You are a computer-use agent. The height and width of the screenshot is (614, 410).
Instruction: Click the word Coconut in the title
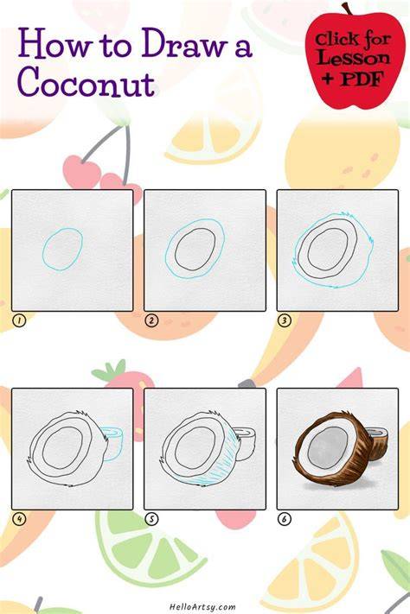[x=86, y=82]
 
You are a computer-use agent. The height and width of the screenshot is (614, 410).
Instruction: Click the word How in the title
[x=54, y=45]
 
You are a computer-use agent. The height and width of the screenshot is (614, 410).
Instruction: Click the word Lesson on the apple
[x=354, y=58]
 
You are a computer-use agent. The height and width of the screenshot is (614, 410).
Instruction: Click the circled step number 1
[x=19, y=320]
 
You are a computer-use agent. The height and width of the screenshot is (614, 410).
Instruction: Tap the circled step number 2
[x=151, y=320]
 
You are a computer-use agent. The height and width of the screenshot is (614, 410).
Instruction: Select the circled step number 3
[x=284, y=320]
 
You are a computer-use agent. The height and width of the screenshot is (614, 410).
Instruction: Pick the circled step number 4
[x=19, y=519]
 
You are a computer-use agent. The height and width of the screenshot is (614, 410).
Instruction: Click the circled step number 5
[x=151, y=519]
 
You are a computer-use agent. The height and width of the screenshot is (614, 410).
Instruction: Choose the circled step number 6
[x=284, y=519]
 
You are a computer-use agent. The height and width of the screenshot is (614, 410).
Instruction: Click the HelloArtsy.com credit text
[x=203, y=606]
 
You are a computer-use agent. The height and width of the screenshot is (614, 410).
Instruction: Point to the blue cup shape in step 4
[x=116, y=442]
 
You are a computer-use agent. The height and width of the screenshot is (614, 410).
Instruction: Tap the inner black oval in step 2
[x=176, y=250]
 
